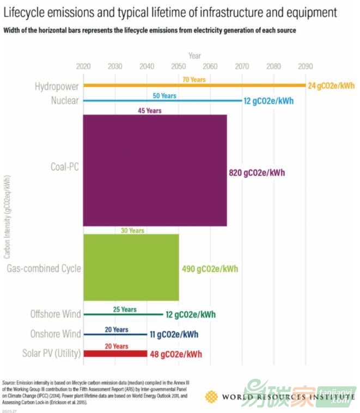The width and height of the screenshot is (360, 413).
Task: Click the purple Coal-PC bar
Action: (x=155, y=170)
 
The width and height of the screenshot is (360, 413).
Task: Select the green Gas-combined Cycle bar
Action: (x=131, y=267)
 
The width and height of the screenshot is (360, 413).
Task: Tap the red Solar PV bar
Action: (x=115, y=354)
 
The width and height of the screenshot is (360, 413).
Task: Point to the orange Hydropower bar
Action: (x=194, y=85)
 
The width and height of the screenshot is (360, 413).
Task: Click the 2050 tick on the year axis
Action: (x=178, y=66)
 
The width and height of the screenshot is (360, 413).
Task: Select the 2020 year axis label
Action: (x=83, y=66)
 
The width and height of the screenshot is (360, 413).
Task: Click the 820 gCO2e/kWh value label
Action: (x=257, y=173)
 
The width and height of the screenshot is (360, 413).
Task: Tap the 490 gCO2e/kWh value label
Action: (x=210, y=269)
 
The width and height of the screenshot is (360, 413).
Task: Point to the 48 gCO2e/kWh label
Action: (x=175, y=354)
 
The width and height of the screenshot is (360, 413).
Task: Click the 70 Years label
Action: (x=194, y=79)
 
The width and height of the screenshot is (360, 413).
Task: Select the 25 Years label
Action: (x=125, y=310)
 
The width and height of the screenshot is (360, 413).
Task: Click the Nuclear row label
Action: (x=65, y=101)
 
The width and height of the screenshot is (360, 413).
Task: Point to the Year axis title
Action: (x=194, y=56)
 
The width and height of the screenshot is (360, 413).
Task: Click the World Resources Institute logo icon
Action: (x=211, y=397)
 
